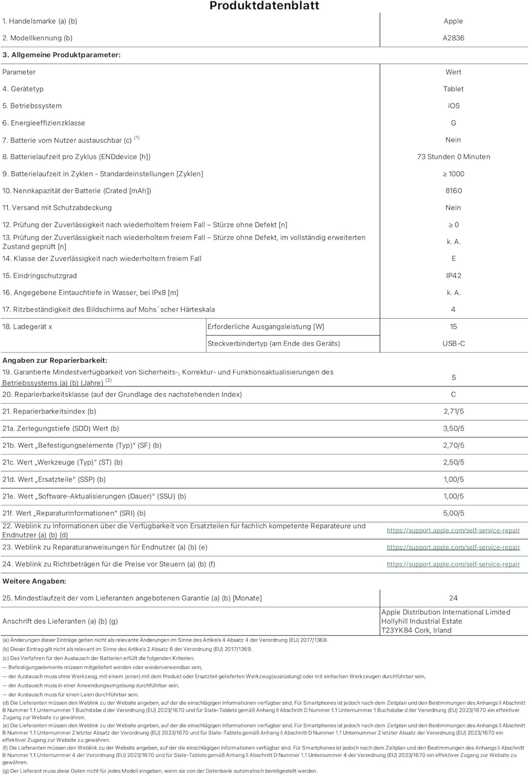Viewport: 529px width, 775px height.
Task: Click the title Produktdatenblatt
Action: (x=264, y=6)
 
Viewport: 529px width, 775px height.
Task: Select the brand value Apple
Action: (x=453, y=21)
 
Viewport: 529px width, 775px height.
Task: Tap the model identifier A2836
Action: (x=453, y=38)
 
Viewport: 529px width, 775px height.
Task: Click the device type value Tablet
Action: (x=453, y=89)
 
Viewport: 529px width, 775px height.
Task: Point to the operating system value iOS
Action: (x=453, y=106)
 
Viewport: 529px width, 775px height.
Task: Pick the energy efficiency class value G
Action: (x=453, y=123)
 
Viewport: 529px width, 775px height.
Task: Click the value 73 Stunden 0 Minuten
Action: (x=453, y=157)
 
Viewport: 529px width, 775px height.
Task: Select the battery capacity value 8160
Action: (x=453, y=191)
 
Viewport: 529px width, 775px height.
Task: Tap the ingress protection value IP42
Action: (x=453, y=276)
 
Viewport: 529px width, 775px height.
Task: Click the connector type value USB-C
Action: (x=453, y=344)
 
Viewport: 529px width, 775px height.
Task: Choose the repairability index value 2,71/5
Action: (x=453, y=411)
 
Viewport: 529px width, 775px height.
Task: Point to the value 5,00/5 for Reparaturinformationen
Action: (x=453, y=513)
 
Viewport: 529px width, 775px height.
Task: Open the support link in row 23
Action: (x=453, y=548)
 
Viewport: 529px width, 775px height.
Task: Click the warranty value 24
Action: (x=453, y=598)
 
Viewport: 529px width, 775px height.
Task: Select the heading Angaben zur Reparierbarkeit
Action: (x=55, y=361)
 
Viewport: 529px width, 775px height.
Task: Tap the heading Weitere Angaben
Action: (x=34, y=581)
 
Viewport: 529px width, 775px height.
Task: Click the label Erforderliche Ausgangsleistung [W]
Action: (x=266, y=327)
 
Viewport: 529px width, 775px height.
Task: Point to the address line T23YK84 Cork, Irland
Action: (x=416, y=630)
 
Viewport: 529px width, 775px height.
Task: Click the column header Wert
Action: (x=453, y=72)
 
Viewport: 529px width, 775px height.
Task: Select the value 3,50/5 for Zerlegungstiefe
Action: (x=453, y=428)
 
